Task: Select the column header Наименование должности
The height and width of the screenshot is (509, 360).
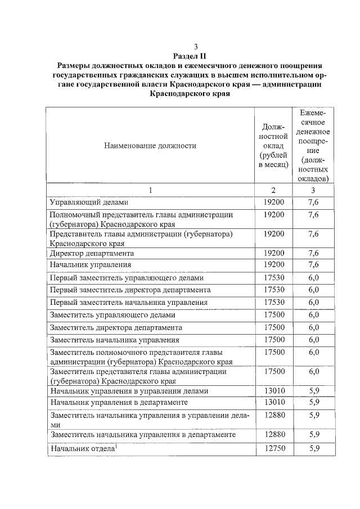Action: [x=150, y=146]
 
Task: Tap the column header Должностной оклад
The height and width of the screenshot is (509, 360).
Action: [x=273, y=145]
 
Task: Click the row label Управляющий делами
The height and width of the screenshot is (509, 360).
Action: [x=89, y=202]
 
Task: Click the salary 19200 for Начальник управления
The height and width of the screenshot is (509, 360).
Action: [x=273, y=264]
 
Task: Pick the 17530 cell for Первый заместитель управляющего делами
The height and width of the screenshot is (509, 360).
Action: [x=273, y=277]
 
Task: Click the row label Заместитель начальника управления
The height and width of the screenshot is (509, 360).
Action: [x=114, y=340]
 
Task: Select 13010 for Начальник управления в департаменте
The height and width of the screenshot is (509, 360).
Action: [x=273, y=403]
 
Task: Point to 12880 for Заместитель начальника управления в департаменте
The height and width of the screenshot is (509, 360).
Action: [x=273, y=435]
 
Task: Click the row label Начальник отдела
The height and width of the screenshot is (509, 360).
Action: [x=82, y=449]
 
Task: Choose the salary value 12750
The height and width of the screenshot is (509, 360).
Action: [x=273, y=448]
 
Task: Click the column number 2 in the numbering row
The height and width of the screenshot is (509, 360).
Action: [x=273, y=190]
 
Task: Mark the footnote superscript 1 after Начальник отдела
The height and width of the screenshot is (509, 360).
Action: [x=115, y=447]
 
